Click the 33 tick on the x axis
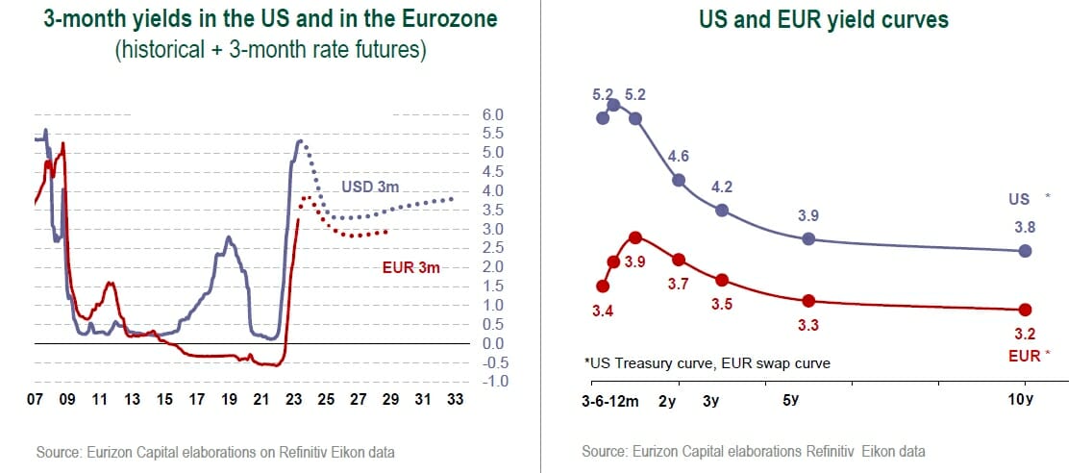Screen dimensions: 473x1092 [455, 401]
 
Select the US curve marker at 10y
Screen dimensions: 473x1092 [1025, 251]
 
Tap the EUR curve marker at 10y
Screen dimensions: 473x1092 [1025, 310]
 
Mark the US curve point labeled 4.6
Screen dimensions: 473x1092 [679, 180]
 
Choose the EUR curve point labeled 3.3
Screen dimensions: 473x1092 [808, 301]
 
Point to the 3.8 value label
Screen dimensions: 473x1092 [1024, 228]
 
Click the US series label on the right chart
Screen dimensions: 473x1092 [1019, 199]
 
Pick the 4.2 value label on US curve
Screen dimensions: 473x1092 [723, 187]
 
